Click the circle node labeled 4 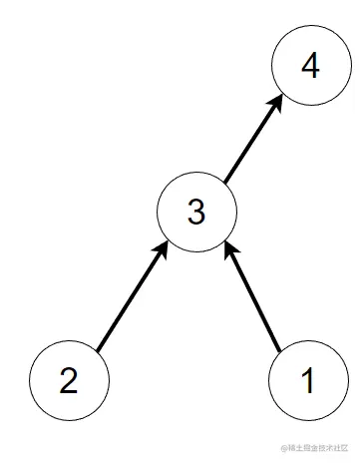point(310,68)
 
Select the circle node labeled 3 point(196,211)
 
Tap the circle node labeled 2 point(69,380)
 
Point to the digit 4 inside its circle point(310,68)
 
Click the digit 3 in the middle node point(196,212)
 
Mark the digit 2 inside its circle point(69,381)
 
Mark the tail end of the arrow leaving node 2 point(97,349)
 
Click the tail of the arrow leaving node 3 point(224,182)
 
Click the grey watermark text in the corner point(318,450)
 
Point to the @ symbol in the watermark point(283,450)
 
